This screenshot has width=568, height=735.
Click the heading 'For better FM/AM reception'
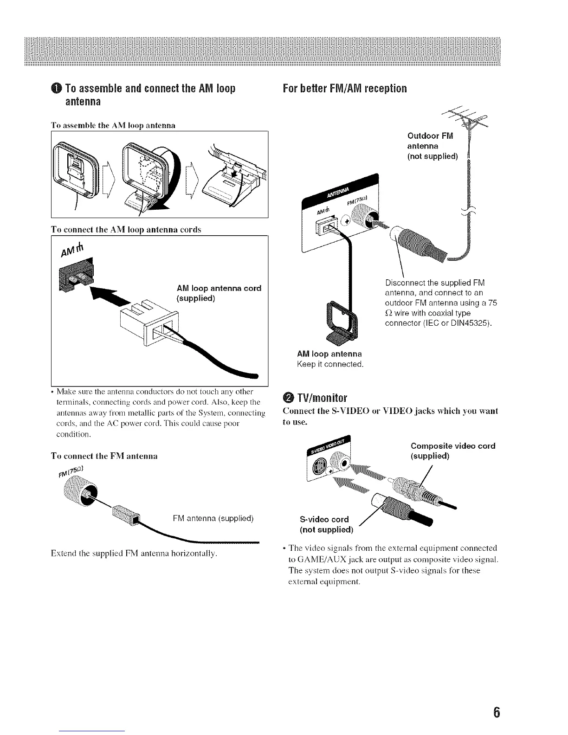point(345,88)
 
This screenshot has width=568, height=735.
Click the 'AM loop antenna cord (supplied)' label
point(219,293)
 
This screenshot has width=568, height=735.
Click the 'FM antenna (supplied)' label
point(213,518)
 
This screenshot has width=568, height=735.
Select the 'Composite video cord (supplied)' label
point(453,451)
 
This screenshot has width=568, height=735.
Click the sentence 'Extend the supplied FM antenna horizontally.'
point(134,554)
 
